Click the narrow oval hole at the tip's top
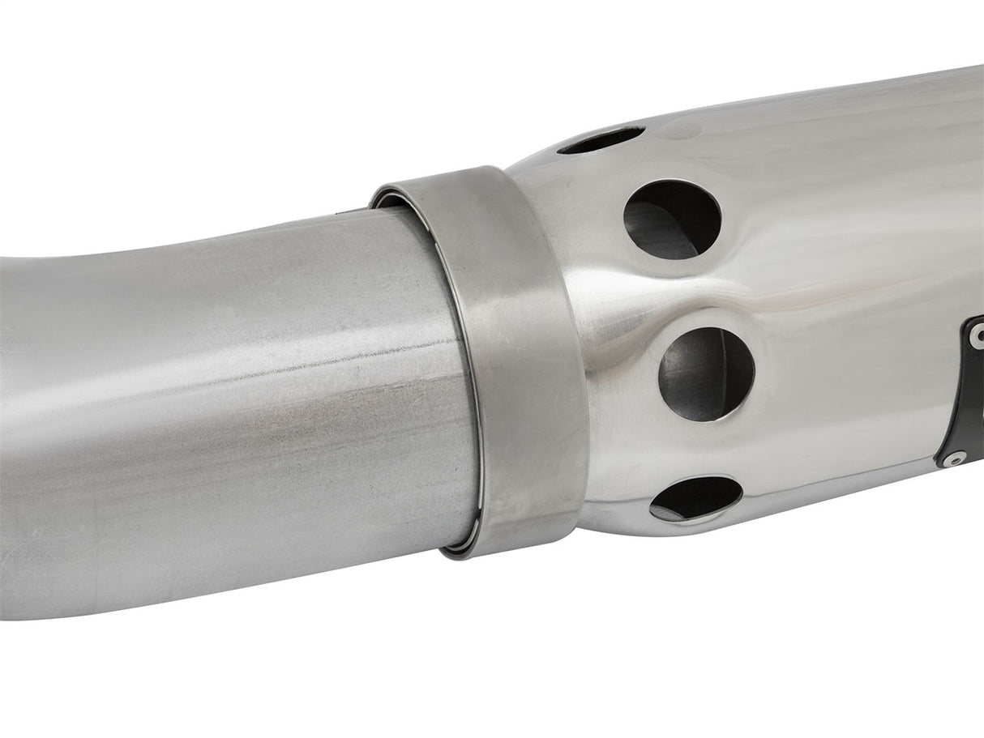tap(601, 140)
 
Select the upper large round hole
tap(672, 219)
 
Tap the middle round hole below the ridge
tap(706, 373)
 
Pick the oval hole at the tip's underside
tap(695, 497)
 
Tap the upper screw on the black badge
tap(976, 334)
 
